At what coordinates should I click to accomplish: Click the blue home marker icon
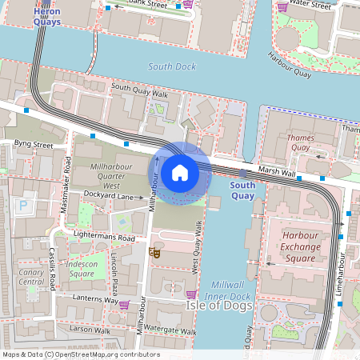[x=180, y=173]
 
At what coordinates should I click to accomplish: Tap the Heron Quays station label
[x=46, y=17]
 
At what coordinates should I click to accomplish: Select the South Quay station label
[x=242, y=190]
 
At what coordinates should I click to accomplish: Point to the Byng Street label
[x=33, y=146]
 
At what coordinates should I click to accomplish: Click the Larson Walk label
[x=89, y=329]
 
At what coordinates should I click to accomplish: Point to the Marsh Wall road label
[x=277, y=171]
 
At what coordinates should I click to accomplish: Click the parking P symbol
[x=23, y=206]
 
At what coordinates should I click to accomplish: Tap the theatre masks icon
[x=154, y=252]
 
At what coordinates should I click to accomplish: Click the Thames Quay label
[x=299, y=142]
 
